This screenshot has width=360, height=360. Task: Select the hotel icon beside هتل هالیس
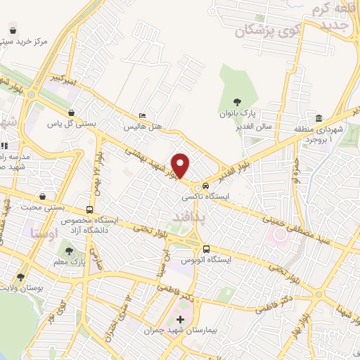[143, 116]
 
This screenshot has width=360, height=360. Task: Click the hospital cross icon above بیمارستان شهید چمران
[179, 319]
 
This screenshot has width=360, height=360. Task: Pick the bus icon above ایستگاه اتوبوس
[206, 249]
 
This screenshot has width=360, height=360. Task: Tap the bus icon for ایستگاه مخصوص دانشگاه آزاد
[89, 210]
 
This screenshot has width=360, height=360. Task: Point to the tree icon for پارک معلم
[69, 250]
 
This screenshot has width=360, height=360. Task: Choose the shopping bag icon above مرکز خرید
[13, 30]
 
